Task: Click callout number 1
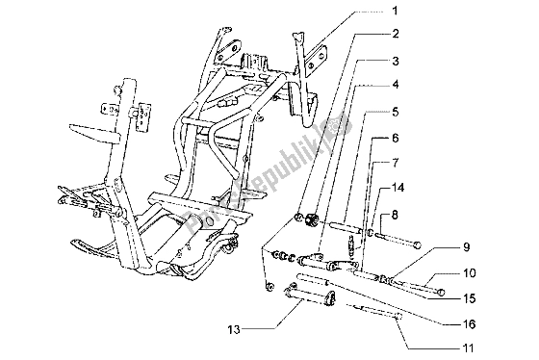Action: (395, 11)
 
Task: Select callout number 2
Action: (395, 34)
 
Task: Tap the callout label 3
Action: (396, 62)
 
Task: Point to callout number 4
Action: (396, 85)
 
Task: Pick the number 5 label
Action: (396, 112)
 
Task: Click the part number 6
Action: (396, 139)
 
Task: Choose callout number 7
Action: (396, 163)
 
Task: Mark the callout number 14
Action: (398, 188)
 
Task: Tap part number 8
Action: (395, 216)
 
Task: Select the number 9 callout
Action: (467, 247)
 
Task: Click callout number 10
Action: (469, 273)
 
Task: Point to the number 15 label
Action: (469, 298)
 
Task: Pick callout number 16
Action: (469, 323)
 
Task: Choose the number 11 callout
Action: (468, 347)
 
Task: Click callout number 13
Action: (234, 330)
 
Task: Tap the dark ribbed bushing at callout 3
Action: (312, 219)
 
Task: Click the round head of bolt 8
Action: (418, 244)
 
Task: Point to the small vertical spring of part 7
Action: (351, 244)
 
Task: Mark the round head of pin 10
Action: (441, 293)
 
